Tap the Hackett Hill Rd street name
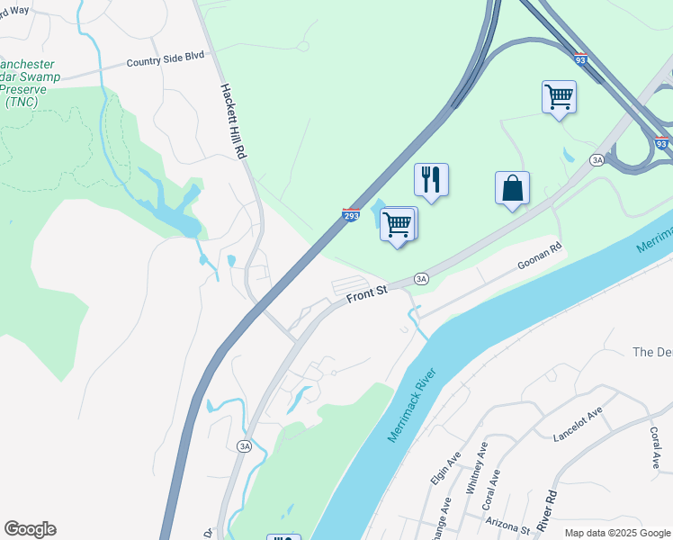(x=233, y=122)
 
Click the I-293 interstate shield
(x=351, y=215)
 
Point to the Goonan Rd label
(x=540, y=257)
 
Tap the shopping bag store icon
(x=512, y=188)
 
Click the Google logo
(x=30, y=529)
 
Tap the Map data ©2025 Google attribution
(x=616, y=533)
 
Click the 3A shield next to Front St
(x=420, y=279)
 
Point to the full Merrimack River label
(x=412, y=405)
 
